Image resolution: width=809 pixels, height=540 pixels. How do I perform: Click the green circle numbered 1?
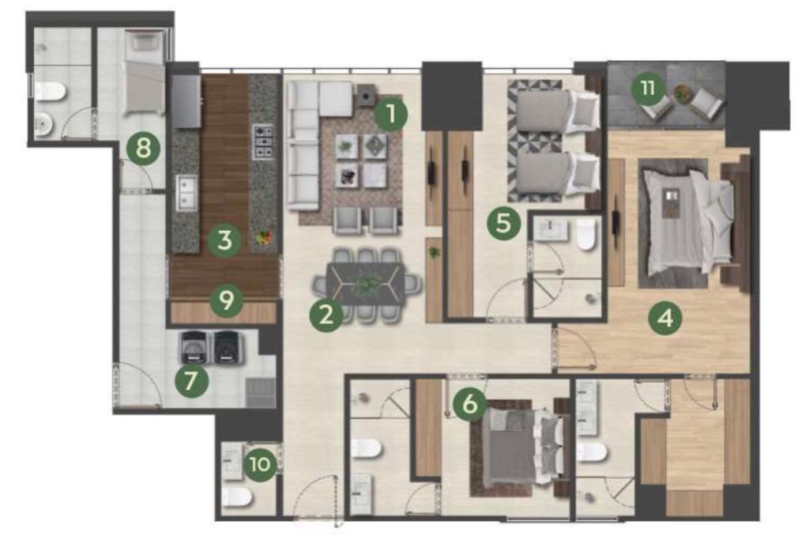390,114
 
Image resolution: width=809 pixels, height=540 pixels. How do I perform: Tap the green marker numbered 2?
326,315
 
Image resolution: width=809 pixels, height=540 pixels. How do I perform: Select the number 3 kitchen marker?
224,240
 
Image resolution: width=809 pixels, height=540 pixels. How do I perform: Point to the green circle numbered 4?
665,318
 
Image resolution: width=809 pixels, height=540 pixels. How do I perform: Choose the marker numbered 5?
503,223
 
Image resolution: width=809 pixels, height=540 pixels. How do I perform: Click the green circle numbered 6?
470,403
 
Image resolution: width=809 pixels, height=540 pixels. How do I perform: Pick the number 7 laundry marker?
191,381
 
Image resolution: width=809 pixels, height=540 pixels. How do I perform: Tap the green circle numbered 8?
144,149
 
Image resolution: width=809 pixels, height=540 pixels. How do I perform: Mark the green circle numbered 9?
227,300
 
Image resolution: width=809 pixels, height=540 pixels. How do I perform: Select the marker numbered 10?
259,464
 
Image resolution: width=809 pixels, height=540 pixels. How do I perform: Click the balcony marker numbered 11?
648,89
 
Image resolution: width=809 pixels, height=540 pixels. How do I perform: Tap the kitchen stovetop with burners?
262,142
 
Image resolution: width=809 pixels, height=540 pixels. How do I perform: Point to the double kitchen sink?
186,193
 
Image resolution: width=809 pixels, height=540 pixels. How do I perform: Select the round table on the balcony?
682,93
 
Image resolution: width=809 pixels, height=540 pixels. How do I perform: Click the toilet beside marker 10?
237,497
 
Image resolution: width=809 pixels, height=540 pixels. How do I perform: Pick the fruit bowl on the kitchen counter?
265,237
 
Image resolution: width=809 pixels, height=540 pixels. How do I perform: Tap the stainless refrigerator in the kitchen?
186,101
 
